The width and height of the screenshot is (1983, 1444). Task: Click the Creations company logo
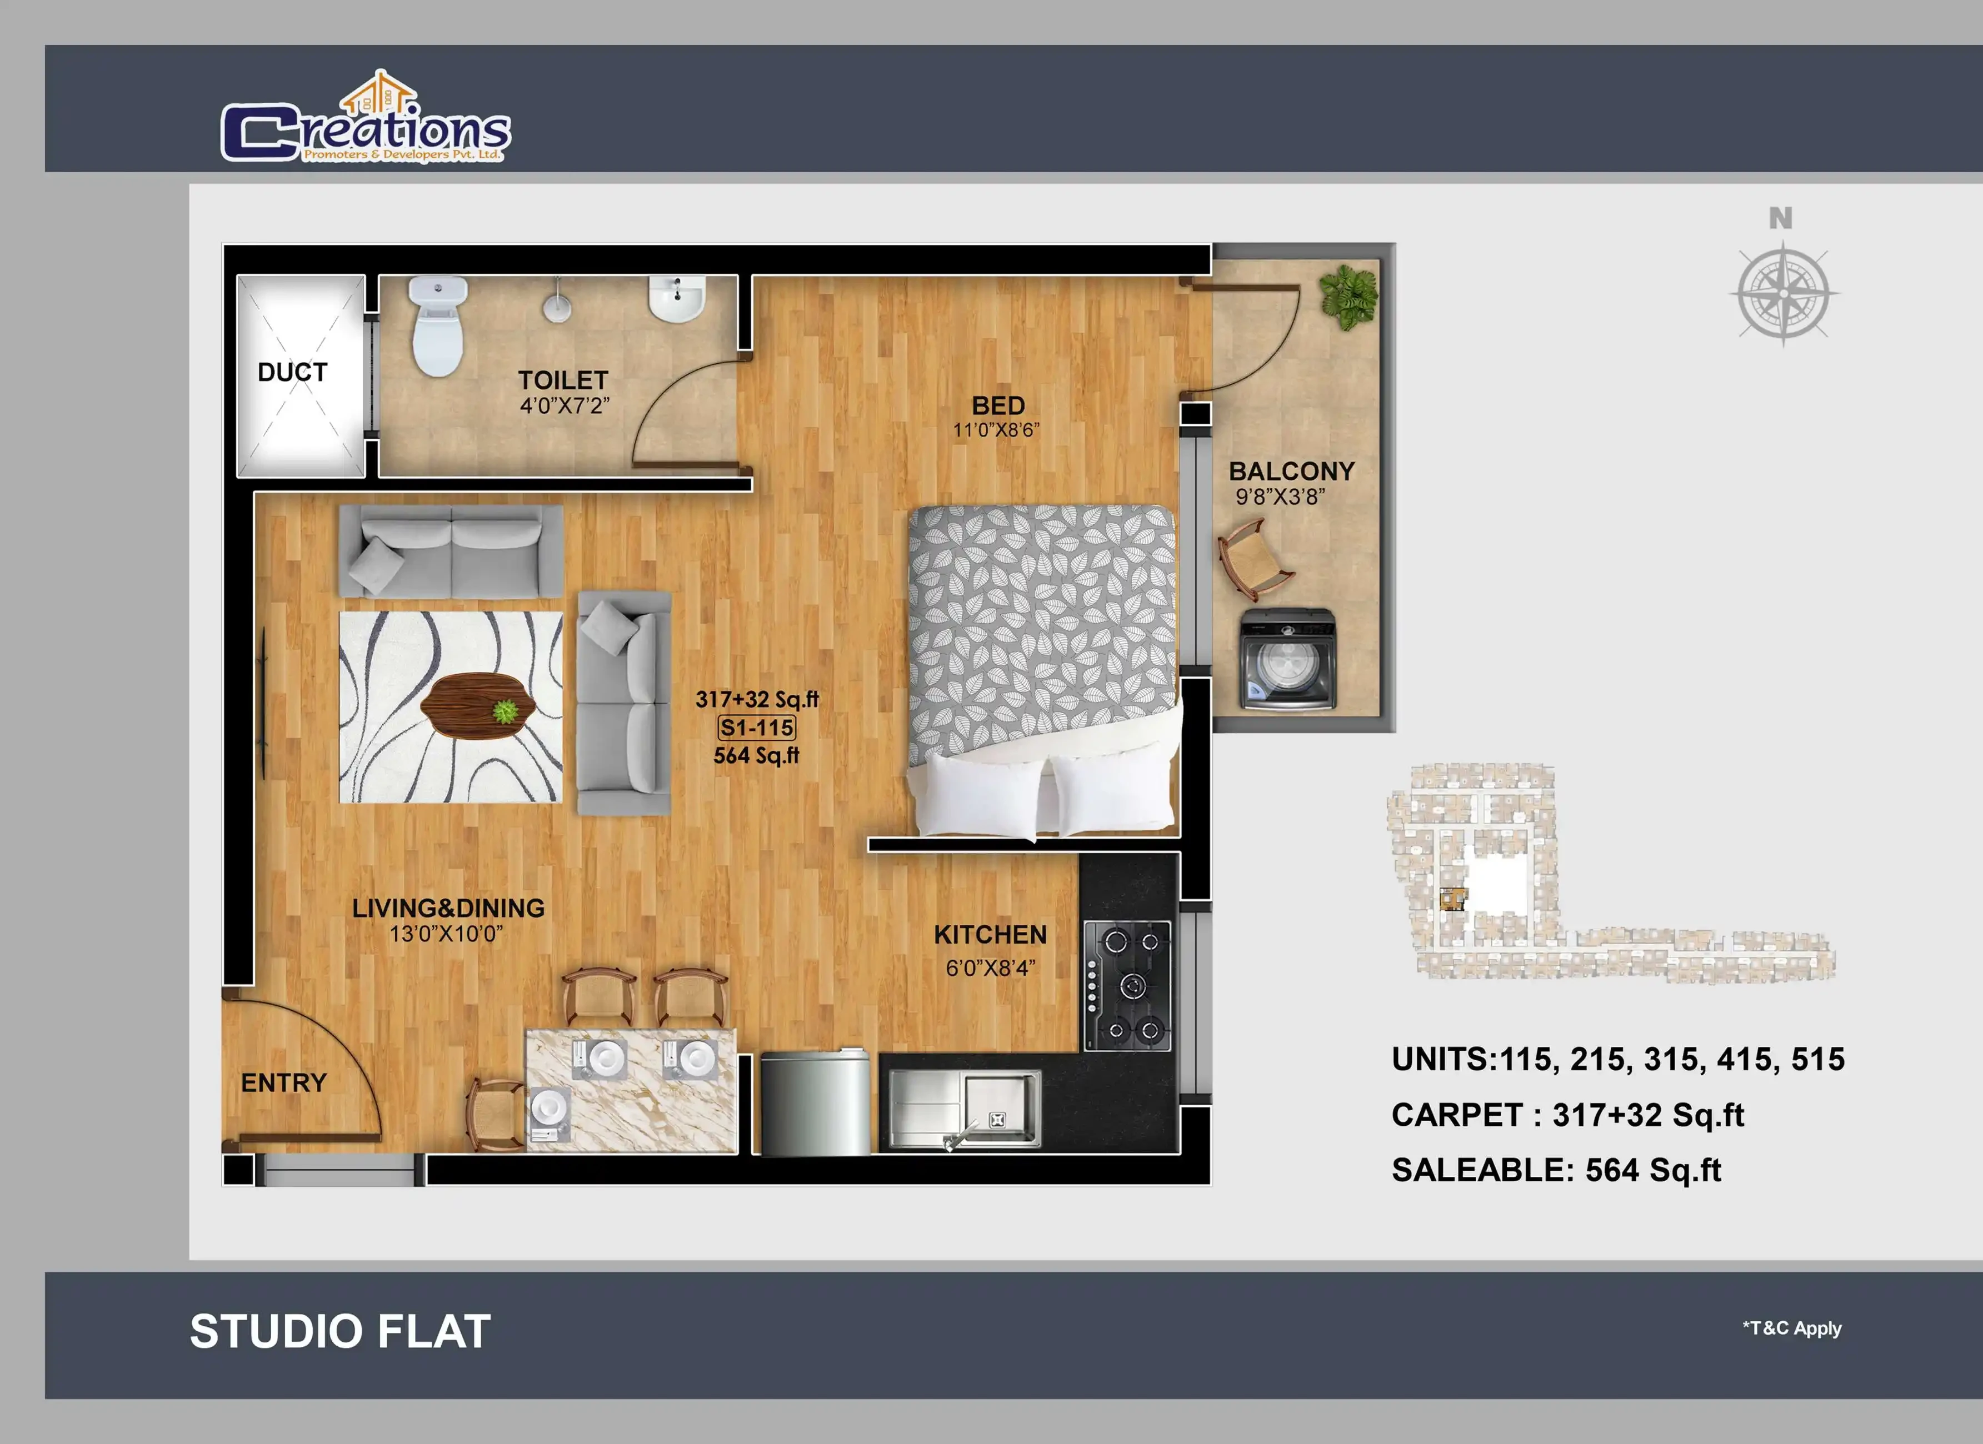pos(366,117)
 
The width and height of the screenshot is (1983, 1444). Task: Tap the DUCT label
pos(292,372)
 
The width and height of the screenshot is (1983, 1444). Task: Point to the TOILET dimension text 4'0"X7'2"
pos(564,405)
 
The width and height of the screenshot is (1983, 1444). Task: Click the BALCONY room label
pos(1291,471)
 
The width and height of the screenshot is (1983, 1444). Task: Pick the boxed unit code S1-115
pos(756,727)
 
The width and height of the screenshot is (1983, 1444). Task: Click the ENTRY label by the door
pos(283,1083)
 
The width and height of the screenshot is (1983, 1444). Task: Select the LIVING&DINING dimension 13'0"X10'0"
pos(446,934)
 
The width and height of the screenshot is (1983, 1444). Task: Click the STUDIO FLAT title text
pos(340,1331)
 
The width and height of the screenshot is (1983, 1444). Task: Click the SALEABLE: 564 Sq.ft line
pos(1556,1170)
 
